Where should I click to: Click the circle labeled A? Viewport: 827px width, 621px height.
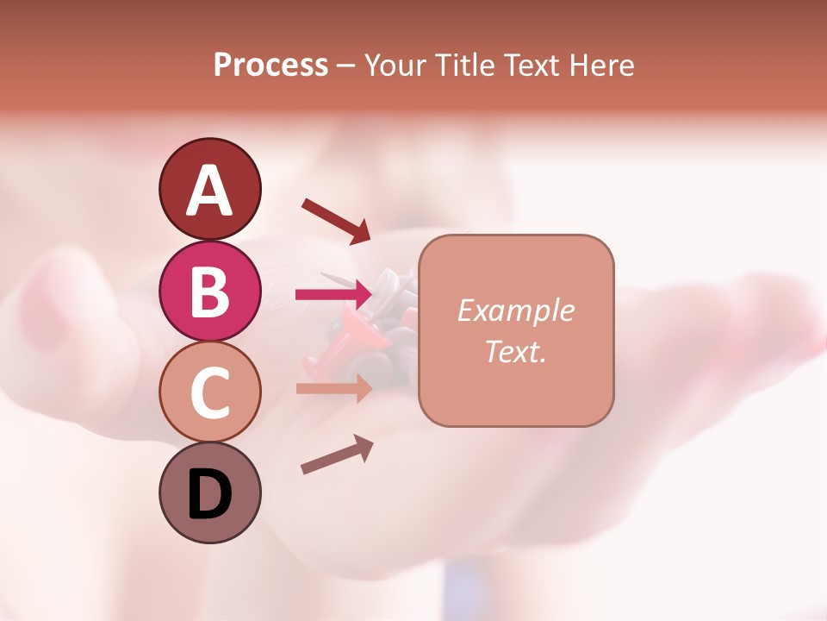(x=209, y=189)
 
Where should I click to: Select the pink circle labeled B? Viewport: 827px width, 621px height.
(x=209, y=291)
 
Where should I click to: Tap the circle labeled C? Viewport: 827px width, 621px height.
(x=209, y=392)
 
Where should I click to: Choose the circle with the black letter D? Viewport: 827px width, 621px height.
(x=209, y=493)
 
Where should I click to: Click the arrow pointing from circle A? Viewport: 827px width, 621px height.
(x=336, y=221)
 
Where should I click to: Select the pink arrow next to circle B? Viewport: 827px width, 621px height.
(x=334, y=295)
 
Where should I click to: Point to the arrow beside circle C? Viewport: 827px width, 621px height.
(x=334, y=388)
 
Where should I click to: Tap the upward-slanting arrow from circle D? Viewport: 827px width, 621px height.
(x=337, y=455)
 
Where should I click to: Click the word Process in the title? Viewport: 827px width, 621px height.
(x=270, y=65)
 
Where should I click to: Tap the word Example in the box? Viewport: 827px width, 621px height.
(x=515, y=310)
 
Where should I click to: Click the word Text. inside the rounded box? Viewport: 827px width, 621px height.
(x=515, y=351)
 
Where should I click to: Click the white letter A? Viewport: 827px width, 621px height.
(x=209, y=191)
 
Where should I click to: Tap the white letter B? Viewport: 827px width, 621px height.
(x=209, y=292)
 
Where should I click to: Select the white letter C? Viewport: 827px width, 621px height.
(x=209, y=392)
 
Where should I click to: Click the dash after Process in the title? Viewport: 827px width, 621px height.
(x=346, y=66)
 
